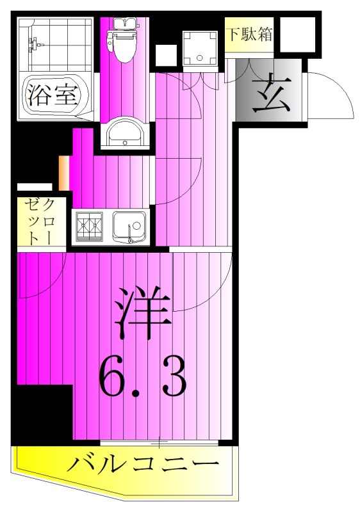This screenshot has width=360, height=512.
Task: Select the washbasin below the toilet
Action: tap(124, 134)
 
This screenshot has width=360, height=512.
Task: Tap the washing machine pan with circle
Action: tap(200, 46)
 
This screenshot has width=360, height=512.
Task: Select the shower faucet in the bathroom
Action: tap(33, 45)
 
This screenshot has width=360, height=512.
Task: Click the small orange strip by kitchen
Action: tap(63, 173)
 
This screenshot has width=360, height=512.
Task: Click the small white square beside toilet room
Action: tap(165, 55)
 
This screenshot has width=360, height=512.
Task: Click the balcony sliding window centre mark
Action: tap(160, 442)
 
